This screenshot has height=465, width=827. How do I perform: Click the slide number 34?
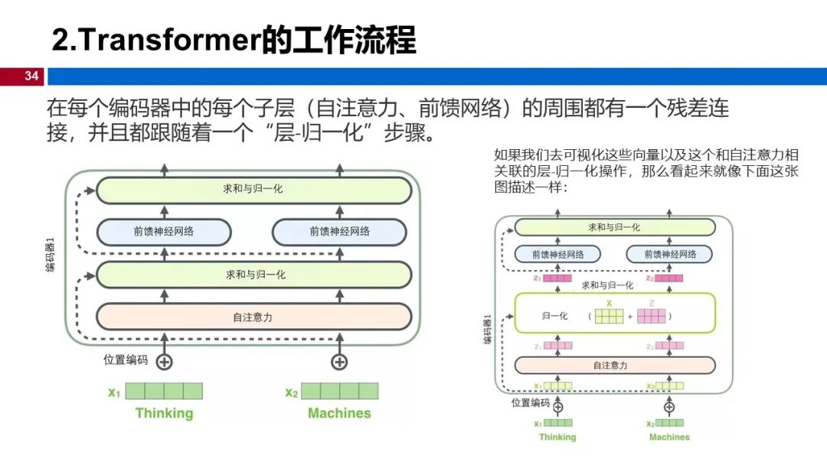(x=31, y=76)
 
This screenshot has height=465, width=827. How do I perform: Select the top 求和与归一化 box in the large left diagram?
(x=253, y=189)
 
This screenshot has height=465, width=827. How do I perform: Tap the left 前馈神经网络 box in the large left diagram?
(x=164, y=232)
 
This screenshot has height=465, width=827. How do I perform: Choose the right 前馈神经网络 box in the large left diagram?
(x=339, y=232)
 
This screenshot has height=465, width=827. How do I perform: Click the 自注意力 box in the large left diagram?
(x=253, y=317)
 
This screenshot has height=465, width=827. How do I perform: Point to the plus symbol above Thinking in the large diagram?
(x=164, y=362)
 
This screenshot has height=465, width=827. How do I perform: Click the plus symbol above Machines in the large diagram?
(x=339, y=362)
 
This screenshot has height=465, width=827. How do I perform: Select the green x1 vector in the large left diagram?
(x=164, y=392)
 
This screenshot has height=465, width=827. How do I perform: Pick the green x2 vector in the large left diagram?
(x=339, y=392)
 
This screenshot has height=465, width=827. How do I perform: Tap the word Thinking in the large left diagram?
(x=164, y=414)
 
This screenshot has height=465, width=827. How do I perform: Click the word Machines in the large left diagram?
(x=339, y=414)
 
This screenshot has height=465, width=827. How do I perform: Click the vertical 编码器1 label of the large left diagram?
(x=51, y=255)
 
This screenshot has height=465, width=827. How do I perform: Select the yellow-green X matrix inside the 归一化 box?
(x=610, y=315)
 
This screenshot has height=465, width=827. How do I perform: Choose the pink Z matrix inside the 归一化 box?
(x=652, y=315)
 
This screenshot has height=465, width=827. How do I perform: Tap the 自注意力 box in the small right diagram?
(x=610, y=366)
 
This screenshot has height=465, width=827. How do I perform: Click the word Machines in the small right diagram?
(x=669, y=437)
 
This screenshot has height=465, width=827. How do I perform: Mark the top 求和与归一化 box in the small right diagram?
(x=614, y=227)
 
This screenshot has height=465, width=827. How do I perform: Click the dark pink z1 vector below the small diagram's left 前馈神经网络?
(x=558, y=279)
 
